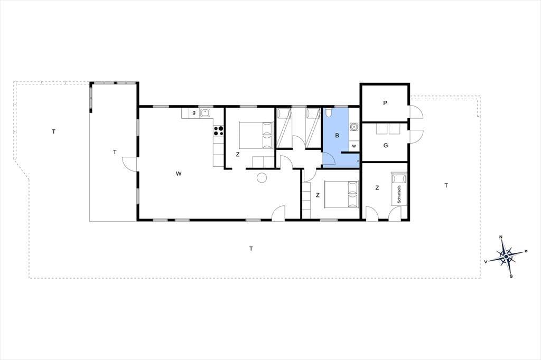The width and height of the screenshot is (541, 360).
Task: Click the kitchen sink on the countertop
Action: [x=206, y=113]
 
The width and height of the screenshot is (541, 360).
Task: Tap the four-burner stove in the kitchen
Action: [x=218, y=131]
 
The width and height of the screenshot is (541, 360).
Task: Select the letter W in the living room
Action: [x=179, y=174]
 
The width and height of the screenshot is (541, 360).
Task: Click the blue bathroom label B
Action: [x=337, y=136]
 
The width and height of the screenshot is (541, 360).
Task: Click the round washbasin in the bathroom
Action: [x=353, y=127]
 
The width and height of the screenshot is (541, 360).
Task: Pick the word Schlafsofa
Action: [x=399, y=194]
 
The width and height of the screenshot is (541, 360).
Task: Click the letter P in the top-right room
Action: [x=385, y=103]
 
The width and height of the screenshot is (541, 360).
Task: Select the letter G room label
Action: [x=386, y=146]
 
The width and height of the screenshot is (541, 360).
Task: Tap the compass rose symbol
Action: [x=506, y=257]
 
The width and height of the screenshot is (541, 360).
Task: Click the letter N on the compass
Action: [x=501, y=237]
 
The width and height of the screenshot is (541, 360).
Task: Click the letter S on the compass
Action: [x=511, y=276]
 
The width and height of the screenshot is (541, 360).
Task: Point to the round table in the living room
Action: [x=262, y=177]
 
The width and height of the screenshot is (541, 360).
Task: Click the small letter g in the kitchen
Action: [x=194, y=112]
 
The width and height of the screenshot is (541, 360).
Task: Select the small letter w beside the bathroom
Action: [x=354, y=146]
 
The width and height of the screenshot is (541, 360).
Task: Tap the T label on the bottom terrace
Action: [x=251, y=249]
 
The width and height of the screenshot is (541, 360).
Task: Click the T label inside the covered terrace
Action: [x=115, y=152]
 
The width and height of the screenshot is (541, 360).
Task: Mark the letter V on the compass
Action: [x=486, y=262]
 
